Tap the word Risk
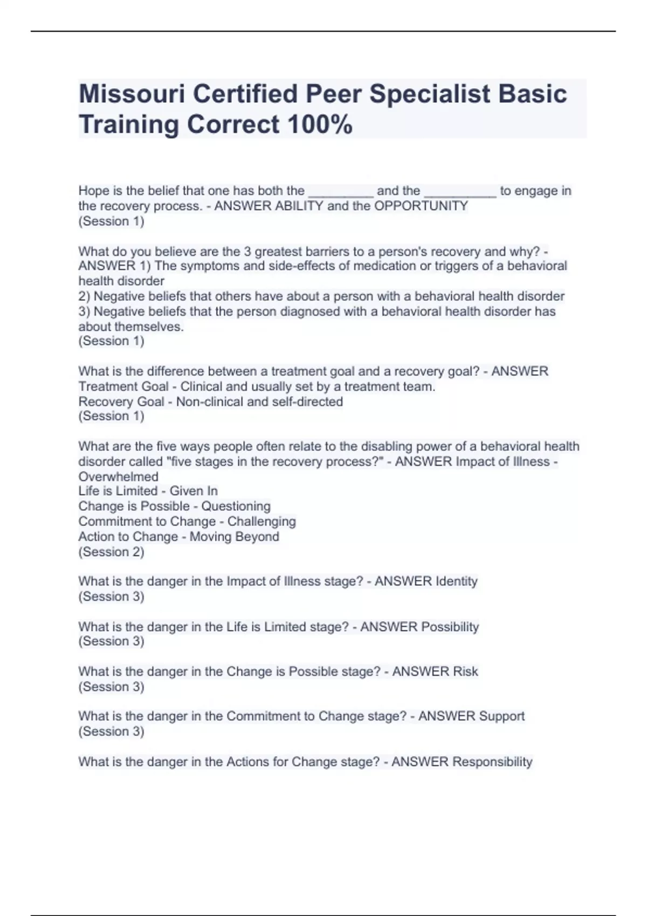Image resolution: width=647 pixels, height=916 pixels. (x=465, y=671)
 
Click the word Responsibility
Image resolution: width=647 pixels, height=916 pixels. (x=492, y=762)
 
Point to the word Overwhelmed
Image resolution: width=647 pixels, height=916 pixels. (x=119, y=477)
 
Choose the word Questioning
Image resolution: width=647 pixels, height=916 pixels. (x=236, y=506)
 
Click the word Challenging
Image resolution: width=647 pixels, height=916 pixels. (x=261, y=522)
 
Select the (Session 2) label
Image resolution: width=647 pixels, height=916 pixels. (x=111, y=552)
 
